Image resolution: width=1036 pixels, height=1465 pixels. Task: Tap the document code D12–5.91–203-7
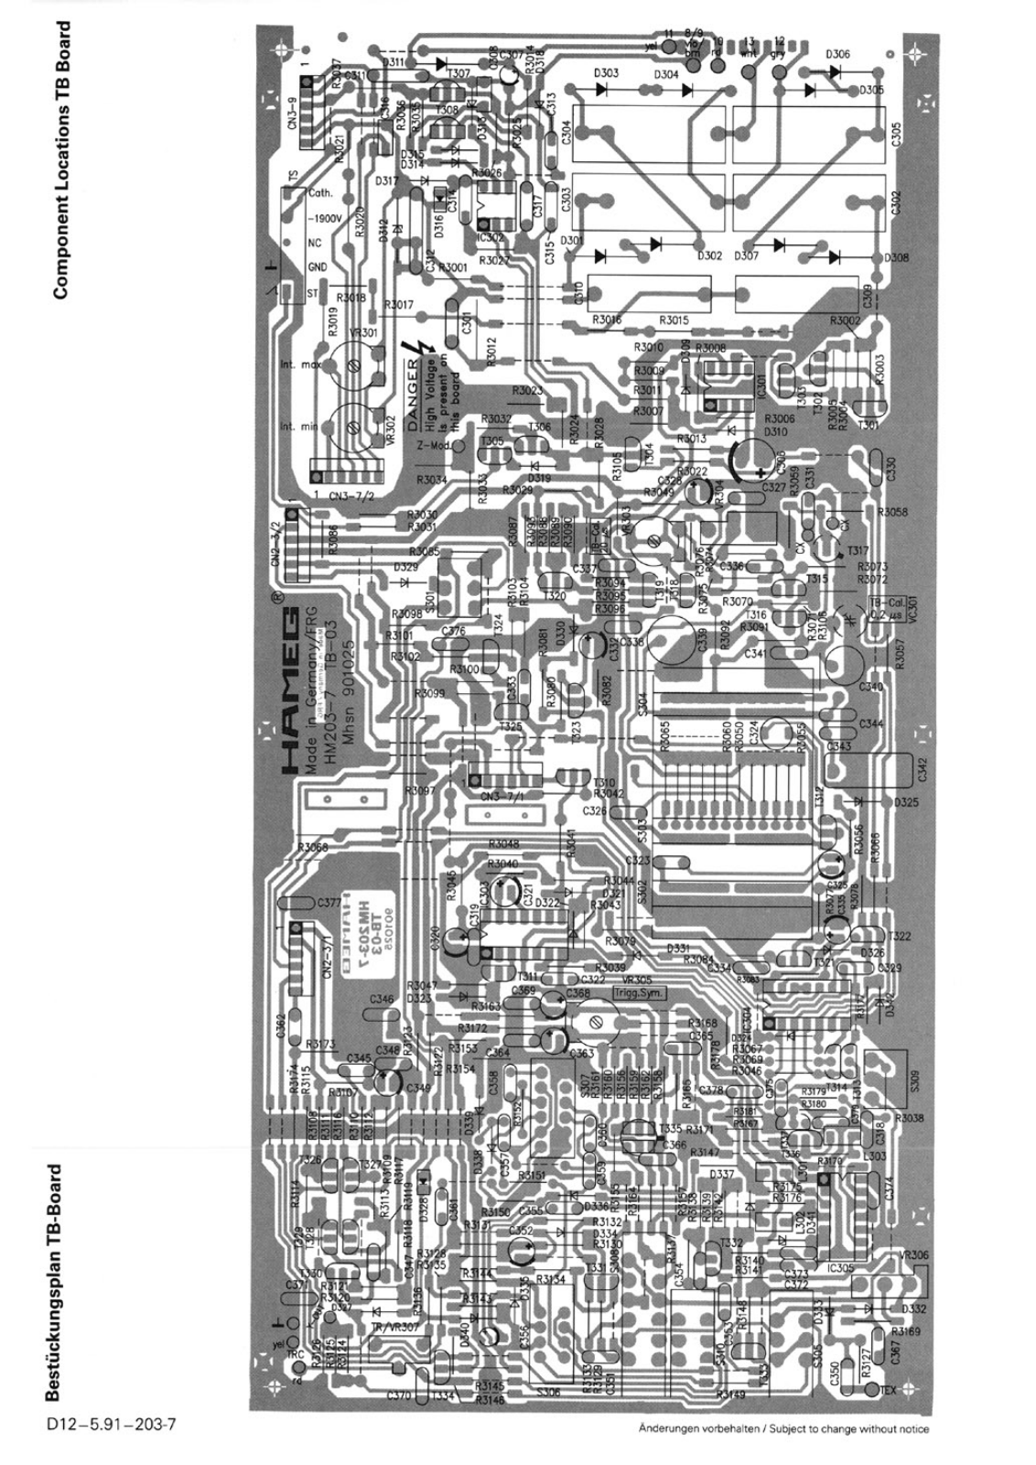(108, 1426)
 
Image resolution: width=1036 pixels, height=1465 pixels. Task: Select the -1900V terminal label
(324, 219)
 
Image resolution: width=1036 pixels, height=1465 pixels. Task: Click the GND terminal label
(317, 267)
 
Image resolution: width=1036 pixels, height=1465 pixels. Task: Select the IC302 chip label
(491, 237)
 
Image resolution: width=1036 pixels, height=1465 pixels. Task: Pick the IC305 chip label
(838, 1268)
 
